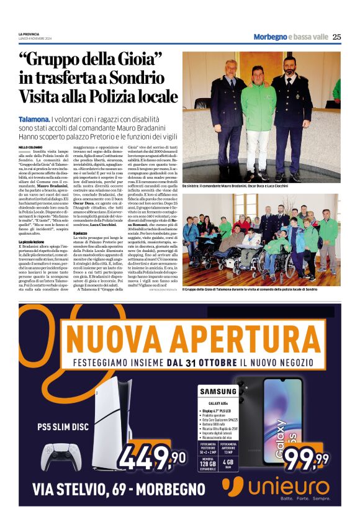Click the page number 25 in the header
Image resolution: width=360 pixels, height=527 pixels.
click(x=336, y=37)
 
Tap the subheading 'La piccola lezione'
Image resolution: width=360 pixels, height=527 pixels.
click(x=32, y=241)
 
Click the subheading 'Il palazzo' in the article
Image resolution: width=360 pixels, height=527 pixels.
click(x=83, y=233)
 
